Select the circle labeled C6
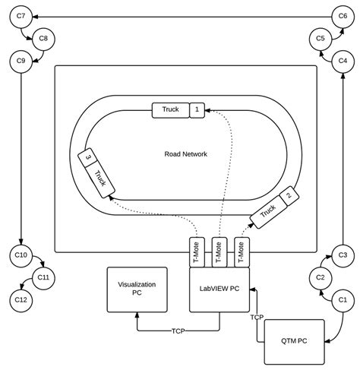(x=343, y=15)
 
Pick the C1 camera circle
(x=342, y=300)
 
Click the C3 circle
(x=342, y=255)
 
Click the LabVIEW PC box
(x=219, y=289)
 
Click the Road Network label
(x=185, y=154)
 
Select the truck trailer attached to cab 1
(x=170, y=110)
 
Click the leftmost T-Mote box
(x=197, y=251)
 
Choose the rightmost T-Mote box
(x=242, y=251)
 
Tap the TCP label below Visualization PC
(x=178, y=331)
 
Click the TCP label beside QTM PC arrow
(x=257, y=317)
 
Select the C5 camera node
(x=320, y=38)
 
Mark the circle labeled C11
(x=43, y=278)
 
